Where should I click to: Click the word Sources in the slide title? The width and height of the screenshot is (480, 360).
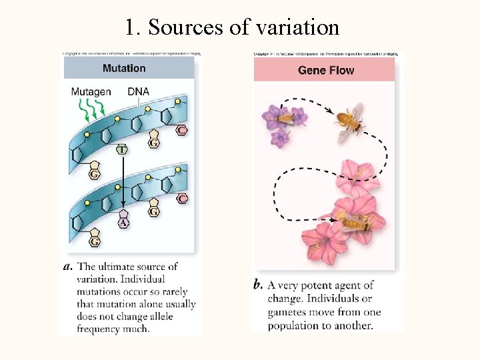click(x=179, y=28)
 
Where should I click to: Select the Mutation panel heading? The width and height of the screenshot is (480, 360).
click(x=124, y=68)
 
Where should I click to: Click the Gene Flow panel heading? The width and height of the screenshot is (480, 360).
click(x=326, y=70)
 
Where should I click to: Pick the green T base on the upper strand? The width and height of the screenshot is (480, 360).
click(x=122, y=150)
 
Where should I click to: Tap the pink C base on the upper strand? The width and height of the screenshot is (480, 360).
click(x=181, y=131)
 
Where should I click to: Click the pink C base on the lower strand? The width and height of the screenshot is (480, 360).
click(x=182, y=199)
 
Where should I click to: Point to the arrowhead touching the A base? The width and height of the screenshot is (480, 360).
click(x=123, y=207)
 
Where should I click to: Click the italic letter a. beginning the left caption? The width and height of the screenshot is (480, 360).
click(x=68, y=267)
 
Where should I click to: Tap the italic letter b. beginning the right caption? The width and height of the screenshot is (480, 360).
click(x=259, y=285)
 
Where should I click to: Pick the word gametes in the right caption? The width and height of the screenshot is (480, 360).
click(x=287, y=312)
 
